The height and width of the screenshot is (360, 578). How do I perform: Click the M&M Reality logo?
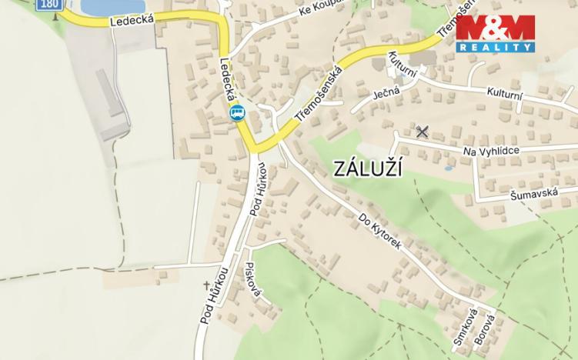tap(495, 33)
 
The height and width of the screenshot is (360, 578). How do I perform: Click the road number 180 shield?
tap(48, 5)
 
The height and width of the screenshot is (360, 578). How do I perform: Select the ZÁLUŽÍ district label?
tap(369, 170)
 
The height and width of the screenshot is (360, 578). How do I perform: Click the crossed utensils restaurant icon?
tap(421, 132)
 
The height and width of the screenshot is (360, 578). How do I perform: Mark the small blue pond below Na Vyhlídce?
tap(449, 167)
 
